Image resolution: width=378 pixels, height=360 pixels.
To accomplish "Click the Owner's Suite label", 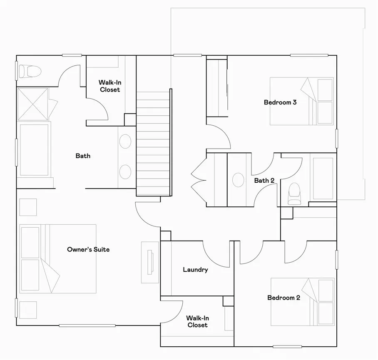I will point(88,250).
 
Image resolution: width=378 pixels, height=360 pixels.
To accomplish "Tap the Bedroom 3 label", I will point(280,102).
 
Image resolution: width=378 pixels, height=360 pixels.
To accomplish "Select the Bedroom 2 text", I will point(283,298).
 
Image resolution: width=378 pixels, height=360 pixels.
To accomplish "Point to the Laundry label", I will point(195,270).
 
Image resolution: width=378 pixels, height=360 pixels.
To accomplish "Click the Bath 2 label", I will point(264,181).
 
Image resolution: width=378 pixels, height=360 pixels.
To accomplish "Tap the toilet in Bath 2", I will point(295,192).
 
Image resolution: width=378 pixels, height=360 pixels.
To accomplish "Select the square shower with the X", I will point(33,104).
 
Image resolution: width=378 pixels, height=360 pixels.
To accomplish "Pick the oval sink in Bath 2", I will point(238,180).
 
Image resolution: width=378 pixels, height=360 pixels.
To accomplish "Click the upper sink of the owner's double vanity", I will point(125,142).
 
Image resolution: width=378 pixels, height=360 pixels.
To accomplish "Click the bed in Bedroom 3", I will point(301,101).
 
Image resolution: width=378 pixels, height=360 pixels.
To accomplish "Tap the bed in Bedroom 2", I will point(302,302).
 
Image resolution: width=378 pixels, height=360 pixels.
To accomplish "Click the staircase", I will point(154,142).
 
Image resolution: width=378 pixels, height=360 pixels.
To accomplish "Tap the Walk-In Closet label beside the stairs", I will point(109,86).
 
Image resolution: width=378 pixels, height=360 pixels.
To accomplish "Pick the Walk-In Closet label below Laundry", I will point(197,321).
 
